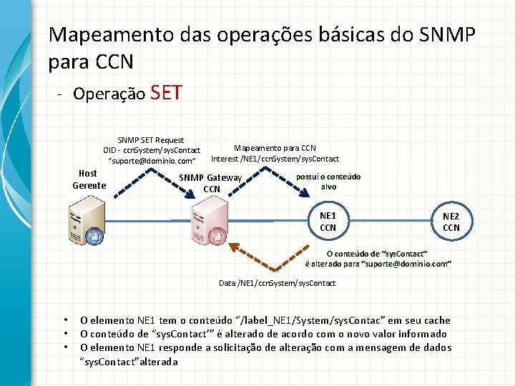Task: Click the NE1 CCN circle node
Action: (328, 222)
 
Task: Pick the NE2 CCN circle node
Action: (451, 222)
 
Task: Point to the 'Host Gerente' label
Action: (89, 179)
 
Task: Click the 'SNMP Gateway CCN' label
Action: (211, 183)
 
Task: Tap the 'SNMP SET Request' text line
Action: (150, 140)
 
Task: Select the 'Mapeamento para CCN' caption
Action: (275, 148)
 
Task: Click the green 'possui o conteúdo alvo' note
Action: (328, 182)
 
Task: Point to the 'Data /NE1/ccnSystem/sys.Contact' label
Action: (277, 284)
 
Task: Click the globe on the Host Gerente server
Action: (92, 236)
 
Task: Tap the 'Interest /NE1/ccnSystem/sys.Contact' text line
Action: (275, 159)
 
